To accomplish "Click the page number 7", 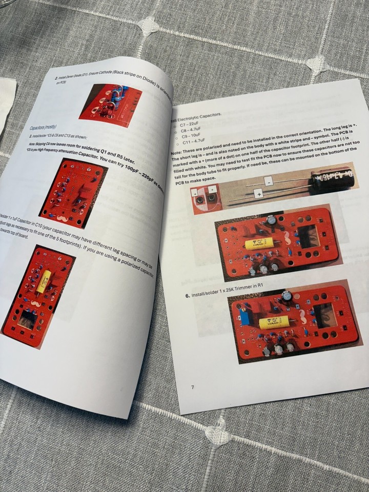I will pos(193,387).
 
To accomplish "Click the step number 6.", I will pos(188,296).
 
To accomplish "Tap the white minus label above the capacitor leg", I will pos(268,180).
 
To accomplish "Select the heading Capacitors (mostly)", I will pos(43,127).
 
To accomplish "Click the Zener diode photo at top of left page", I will pos(110,102).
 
